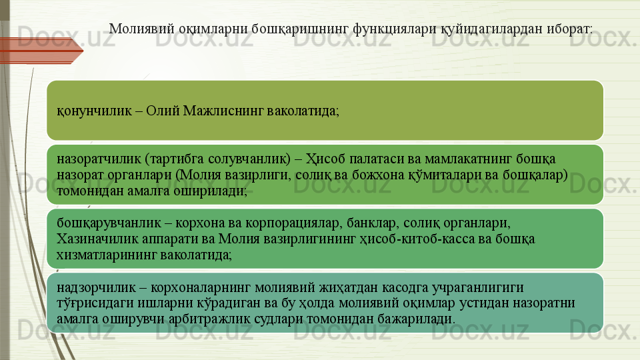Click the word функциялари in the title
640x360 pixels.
pos(395,29)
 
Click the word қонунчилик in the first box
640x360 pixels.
pos(94,111)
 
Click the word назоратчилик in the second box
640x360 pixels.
pos(99,159)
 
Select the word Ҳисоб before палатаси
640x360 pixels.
pos(326,159)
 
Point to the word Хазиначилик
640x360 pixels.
pos(102,239)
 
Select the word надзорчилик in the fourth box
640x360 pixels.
pos(96,287)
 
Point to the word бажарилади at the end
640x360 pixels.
pos(416,319)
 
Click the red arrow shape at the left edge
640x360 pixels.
pos(41,51)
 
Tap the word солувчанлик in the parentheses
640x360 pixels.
pos(249,159)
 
